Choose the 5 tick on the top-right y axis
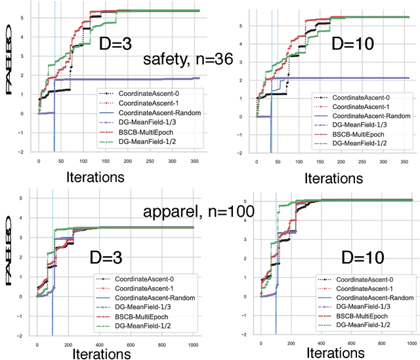[x=243, y=26]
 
